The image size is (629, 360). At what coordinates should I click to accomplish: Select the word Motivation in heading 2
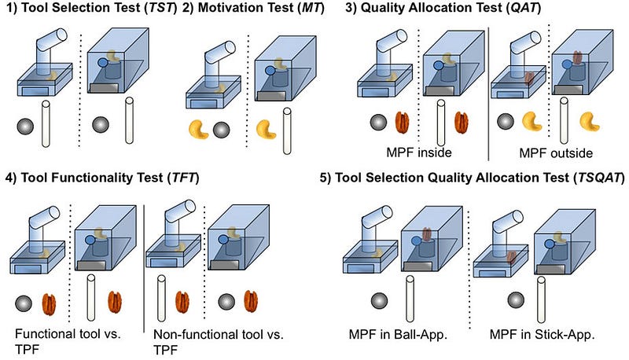point(245,8)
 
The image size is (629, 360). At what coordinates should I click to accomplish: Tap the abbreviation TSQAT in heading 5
point(598,177)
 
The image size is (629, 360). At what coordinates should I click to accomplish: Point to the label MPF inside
point(419,152)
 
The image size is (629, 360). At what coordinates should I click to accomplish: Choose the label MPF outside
point(556,153)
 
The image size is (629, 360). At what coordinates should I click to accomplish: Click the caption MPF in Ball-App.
point(398,334)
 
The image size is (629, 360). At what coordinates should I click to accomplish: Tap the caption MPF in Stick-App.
point(542,334)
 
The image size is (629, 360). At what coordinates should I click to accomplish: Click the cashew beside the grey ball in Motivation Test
point(199,130)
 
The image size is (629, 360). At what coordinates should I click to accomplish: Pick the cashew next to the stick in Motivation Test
point(266,130)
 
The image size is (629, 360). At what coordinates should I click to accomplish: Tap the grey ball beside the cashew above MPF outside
point(506,122)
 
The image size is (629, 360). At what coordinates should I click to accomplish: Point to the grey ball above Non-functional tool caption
point(227,302)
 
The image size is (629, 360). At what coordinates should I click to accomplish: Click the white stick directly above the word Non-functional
point(161,298)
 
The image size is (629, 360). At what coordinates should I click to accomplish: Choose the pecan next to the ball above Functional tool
point(49,305)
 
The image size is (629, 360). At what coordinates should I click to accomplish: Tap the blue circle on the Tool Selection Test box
point(103,63)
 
